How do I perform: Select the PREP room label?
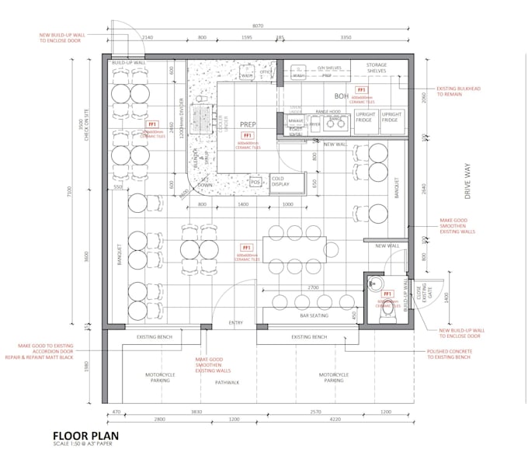point(248,124)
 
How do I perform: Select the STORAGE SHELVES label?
point(377,68)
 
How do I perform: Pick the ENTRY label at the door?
point(236,322)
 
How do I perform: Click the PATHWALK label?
point(227,382)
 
